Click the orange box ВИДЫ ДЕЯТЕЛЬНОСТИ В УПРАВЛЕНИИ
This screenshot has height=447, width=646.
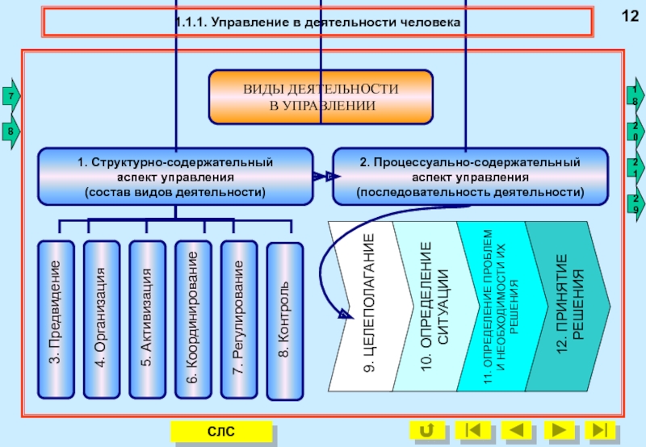(x=321, y=97)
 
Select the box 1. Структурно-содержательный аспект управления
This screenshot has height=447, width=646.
(x=175, y=177)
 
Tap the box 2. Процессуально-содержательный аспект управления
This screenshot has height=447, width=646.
(x=470, y=177)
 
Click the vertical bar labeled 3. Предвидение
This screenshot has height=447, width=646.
(x=57, y=320)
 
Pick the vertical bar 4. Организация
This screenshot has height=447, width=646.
(x=101, y=320)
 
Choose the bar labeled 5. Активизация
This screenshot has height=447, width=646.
(x=146, y=320)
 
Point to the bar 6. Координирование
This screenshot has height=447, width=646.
(x=192, y=320)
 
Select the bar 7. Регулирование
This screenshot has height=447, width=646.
(x=237, y=320)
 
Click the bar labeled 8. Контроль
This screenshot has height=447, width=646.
(x=284, y=320)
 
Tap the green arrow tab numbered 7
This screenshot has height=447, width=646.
(x=10, y=97)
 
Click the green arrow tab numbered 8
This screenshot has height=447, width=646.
(x=10, y=131)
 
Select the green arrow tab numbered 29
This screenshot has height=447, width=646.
(x=636, y=206)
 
